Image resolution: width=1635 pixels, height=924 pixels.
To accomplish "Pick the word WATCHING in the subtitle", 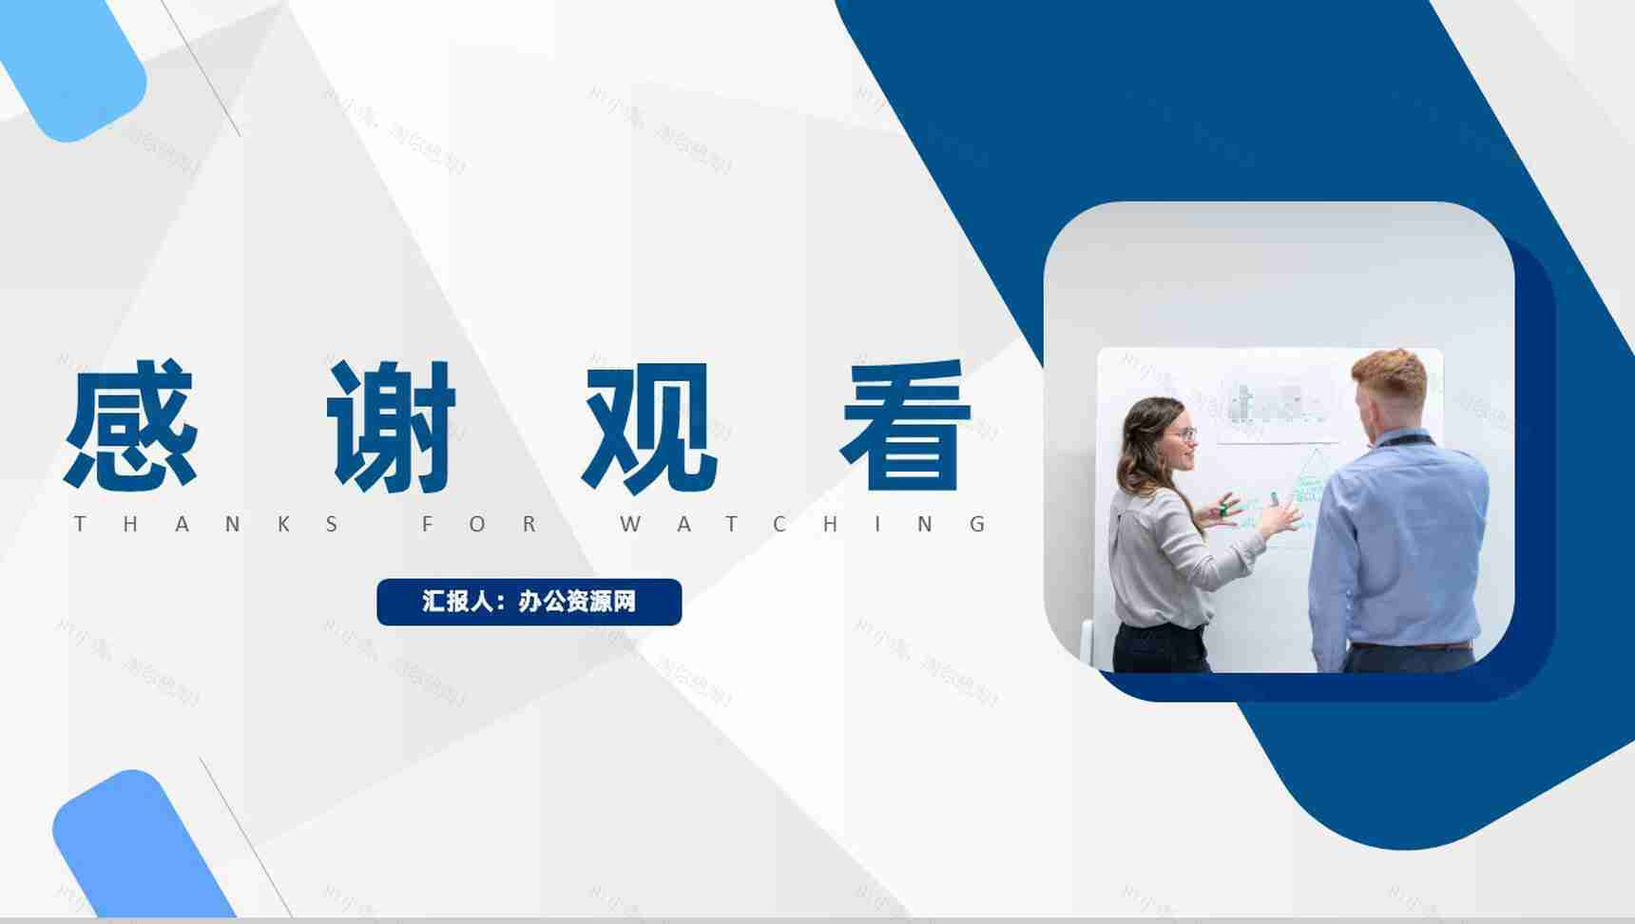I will [x=804, y=524].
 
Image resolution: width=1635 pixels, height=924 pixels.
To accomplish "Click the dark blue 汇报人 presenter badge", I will [x=529, y=602].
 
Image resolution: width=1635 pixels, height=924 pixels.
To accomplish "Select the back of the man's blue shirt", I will [x=1402, y=542].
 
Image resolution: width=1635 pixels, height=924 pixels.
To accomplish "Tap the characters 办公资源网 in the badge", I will [x=577, y=602].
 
